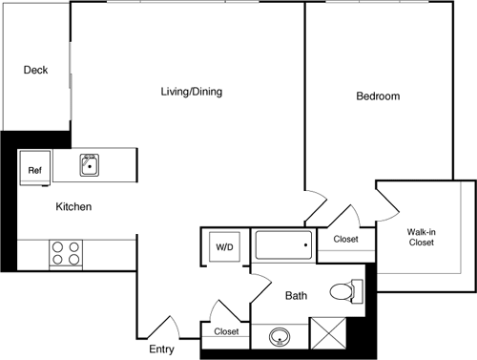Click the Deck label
pyautogui.click(x=35, y=70)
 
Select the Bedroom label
pyautogui.click(x=378, y=96)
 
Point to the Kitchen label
pyautogui.click(x=73, y=206)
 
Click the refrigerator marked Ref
pyautogui.click(x=35, y=170)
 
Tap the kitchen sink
pyautogui.click(x=91, y=165)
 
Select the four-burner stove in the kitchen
pyautogui.click(x=66, y=253)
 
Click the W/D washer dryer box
pyautogui.click(x=224, y=247)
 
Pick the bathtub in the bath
pyautogui.click(x=283, y=246)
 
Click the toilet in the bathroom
pyautogui.click(x=345, y=291)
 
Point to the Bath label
pyautogui.click(x=297, y=296)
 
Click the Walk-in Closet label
pyautogui.click(x=421, y=237)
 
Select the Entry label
pyautogui.click(x=161, y=349)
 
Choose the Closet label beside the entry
pyautogui.click(x=226, y=331)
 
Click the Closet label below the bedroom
pyautogui.click(x=345, y=239)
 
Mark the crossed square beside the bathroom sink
pyautogui.click(x=327, y=336)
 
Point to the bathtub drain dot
pyautogui.click(x=305, y=247)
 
